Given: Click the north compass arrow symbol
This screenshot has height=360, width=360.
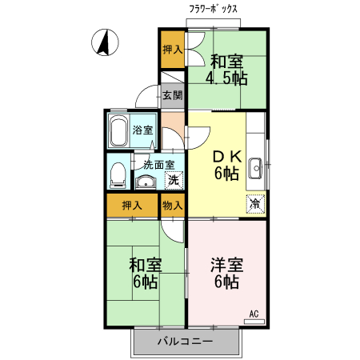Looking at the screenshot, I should [x=103, y=42].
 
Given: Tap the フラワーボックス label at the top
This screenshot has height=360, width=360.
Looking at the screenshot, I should [x=214, y=10].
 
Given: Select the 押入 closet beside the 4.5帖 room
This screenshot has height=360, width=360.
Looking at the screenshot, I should [x=172, y=50].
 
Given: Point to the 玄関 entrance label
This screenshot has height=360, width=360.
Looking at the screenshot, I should [x=172, y=95].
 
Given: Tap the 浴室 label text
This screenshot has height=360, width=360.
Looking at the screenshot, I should [x=143, y=130].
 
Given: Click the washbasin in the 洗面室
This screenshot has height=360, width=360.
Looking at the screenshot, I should [x=145, y=182].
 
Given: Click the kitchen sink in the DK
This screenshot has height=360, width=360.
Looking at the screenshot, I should [x=257, y=168].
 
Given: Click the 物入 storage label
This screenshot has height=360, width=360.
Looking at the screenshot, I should [x=172, y=205].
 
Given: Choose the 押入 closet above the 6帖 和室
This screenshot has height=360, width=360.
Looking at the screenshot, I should [x=132, y=205].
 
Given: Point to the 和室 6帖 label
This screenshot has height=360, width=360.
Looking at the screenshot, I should [x=145, y=272].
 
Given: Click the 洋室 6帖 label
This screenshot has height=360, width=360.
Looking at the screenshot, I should [x=226, y=272].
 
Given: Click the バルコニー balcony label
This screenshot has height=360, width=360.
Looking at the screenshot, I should [x=184, y=341].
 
